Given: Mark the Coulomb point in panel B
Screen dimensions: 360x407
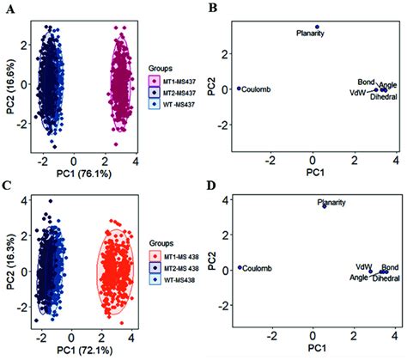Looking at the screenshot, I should pyautogui.click(x=239, y=88).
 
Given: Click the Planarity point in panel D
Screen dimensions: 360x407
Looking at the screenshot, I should pyautogui.click(x=324, y=206).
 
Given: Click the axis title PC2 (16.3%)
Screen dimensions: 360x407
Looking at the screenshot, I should pyautogui.click(x=8, y=268).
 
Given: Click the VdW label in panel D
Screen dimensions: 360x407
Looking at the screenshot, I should pyautogui.click(x=363, y=266).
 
